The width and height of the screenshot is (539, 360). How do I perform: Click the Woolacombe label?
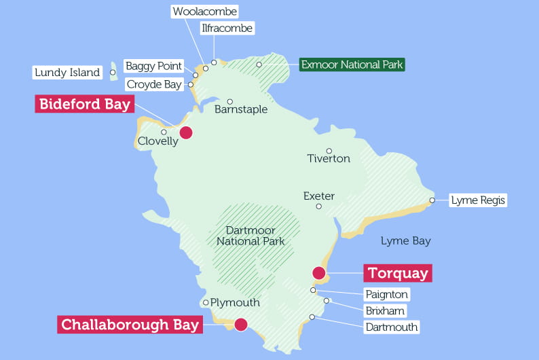[x=204, y=12]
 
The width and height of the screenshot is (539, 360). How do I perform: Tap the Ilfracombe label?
[x=227, y=29]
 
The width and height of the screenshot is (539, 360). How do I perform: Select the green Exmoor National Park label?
[x=352, y=65]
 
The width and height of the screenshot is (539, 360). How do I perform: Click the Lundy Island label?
[x=67, y=73]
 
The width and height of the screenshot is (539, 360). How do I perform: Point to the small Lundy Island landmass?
[x=115, y=73]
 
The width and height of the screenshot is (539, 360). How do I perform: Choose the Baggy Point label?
[x=153, y=66]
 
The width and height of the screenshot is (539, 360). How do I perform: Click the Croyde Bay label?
[x=153, y=85]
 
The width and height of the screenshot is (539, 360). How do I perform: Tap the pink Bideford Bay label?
[x=84, y=105]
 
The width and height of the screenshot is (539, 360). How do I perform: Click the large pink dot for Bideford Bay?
[x=185, y=132]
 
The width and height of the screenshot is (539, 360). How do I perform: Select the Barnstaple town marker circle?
[x=230, y=101]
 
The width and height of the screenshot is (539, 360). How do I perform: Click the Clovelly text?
[x=157, y=141]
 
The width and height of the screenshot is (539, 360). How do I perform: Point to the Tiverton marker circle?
[x=329, y=151]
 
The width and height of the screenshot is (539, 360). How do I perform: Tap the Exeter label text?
[x=318, y=196]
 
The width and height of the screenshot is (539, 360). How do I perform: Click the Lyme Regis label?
[x=478, y=200]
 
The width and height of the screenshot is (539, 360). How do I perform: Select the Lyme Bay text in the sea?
[x=405, y=241]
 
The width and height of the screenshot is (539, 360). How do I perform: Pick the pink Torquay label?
[x=398, y=274]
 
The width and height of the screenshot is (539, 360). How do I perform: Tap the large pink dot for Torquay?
[x=318, y=273]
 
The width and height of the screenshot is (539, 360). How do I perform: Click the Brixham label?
[x=384, y=311]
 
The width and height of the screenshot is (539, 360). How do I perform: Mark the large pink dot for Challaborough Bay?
[x=240, y=324]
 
